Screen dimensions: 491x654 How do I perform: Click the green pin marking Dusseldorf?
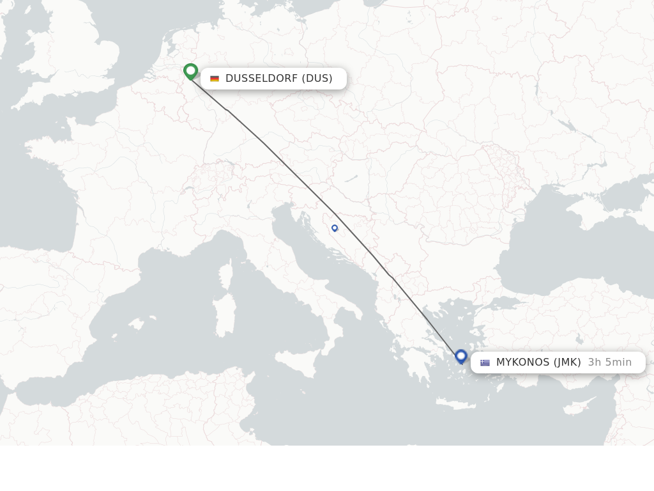190,70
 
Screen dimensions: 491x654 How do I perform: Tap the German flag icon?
215,79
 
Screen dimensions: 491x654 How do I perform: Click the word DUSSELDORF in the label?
261,79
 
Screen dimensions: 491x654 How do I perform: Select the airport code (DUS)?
317,79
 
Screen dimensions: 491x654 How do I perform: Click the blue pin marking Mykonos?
461,355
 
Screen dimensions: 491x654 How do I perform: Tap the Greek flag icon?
485,362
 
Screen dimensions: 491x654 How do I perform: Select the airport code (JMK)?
567,362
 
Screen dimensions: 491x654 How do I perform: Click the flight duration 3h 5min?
609,362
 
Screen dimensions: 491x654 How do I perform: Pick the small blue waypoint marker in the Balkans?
335,228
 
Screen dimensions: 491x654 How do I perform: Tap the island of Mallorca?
136,324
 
